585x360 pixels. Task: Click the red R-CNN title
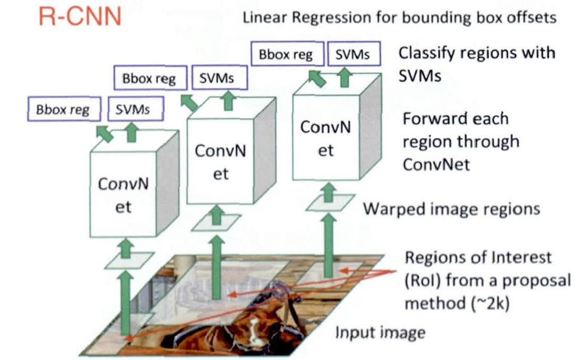[x=79, y=17]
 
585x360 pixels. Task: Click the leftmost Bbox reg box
[x=63, y=110]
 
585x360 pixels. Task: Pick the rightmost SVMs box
[x=352, y=54]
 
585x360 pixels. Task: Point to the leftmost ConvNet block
[x=123, y=195]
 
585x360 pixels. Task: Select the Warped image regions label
[x=451, y=209]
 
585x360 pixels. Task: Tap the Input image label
[x=380, y=333]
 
